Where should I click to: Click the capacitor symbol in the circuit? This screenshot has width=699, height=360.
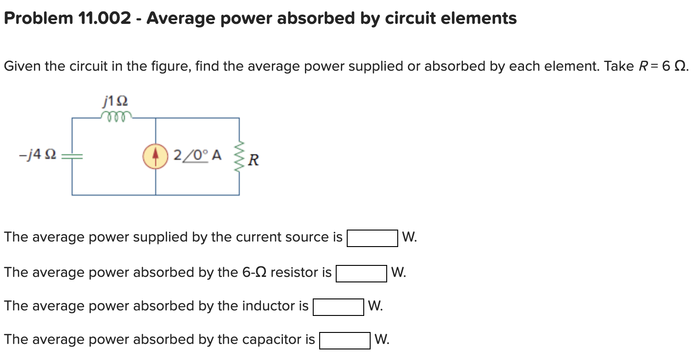pyautogui.click(x=72, y=157)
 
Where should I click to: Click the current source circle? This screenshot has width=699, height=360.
pyautogui.click(x=155, y=157)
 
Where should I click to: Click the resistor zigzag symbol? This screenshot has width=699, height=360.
pyautogui.click(x=239, y=156)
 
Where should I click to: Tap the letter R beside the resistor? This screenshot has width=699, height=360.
pyautogui.click(x=254, y=160)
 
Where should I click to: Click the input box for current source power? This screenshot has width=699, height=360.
pyautogui.click(x=372, y=238)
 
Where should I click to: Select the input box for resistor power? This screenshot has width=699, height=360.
pyautogui.click(x=361, y=274)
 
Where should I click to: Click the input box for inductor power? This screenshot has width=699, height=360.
pyautogui.click(x=338, y=307)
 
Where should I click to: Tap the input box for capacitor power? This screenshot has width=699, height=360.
pyautogui.click(x=345, y=341)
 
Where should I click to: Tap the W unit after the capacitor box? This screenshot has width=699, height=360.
pyautogui.click(x=382, y=340)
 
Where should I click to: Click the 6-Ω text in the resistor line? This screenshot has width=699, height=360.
pyautogui.click(x=254, y=273)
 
